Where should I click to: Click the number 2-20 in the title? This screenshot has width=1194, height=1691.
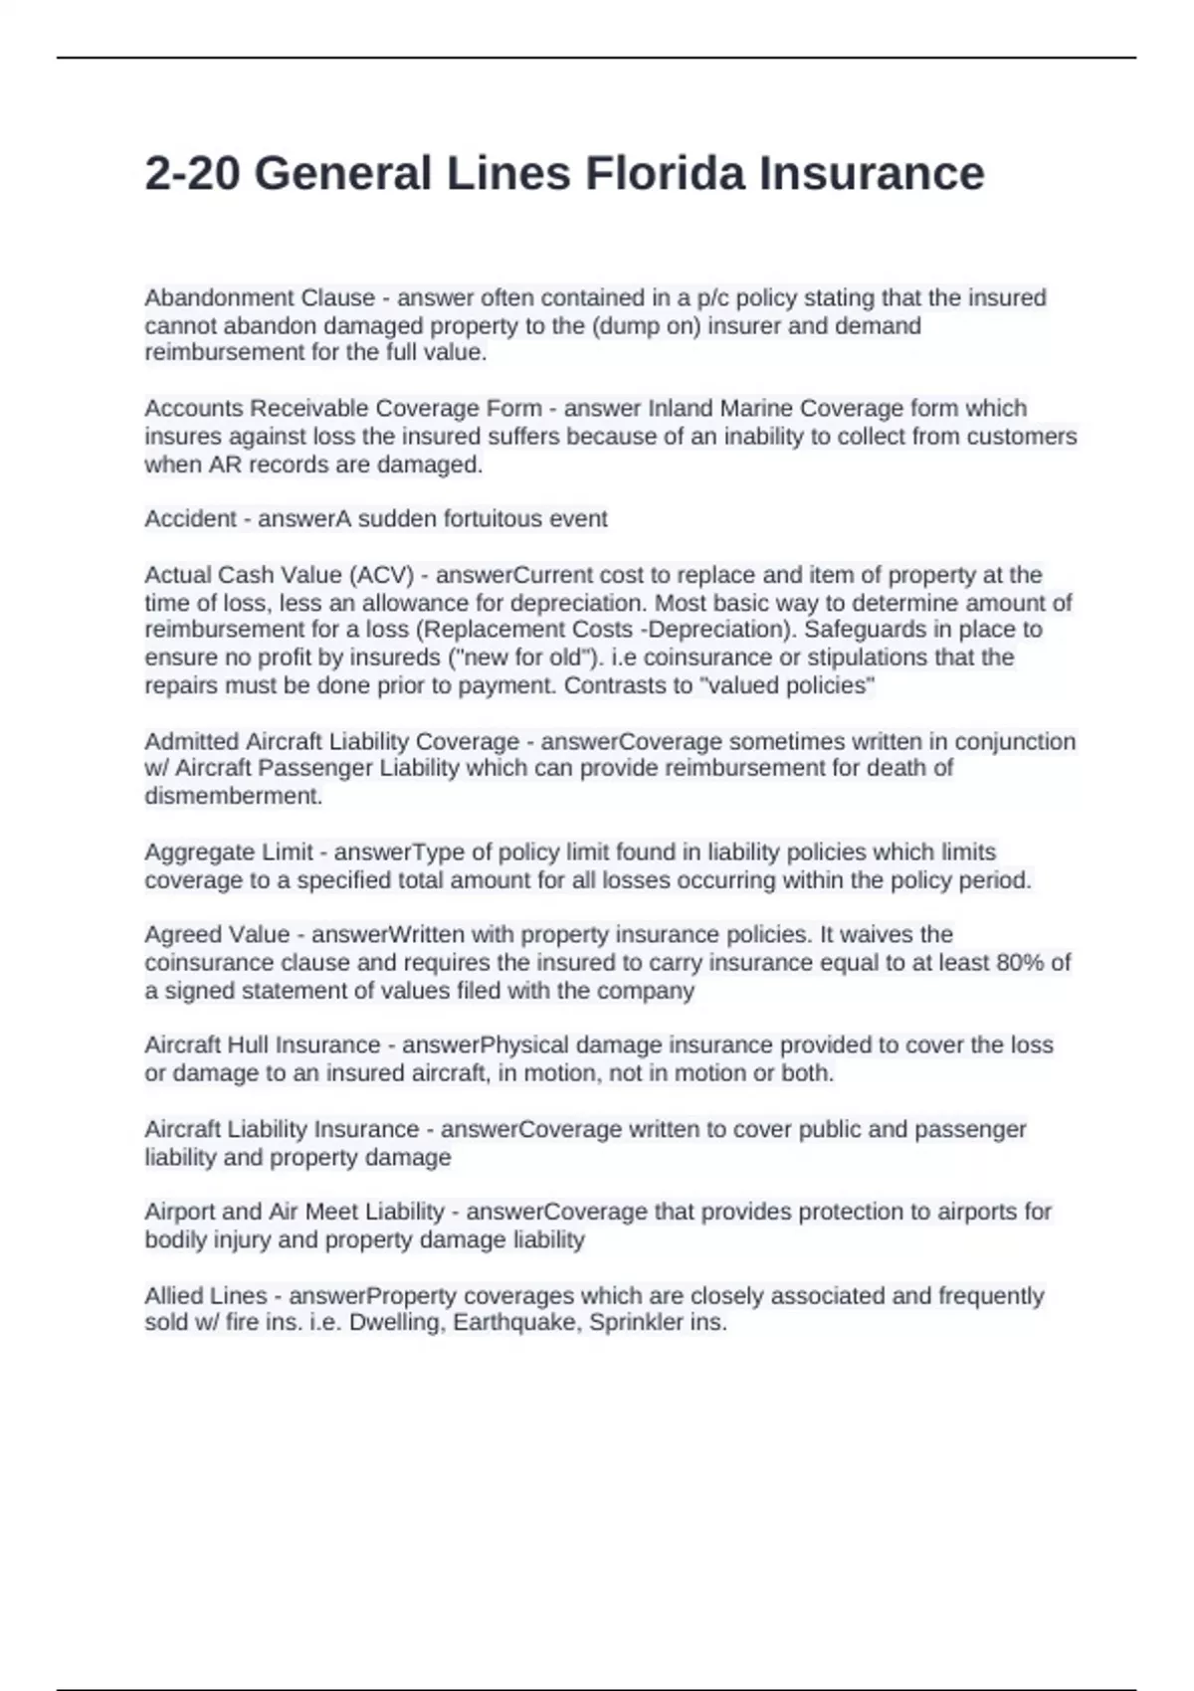pyautogui.click(x=192, y=174)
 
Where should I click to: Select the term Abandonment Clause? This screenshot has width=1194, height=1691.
pyautogui.click(x=260, y=298)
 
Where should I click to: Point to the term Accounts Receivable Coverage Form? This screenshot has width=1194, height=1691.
pyautogui.click(x=343, y=409)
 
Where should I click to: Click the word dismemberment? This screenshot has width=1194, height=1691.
pyautogui.click(x=234, y=796)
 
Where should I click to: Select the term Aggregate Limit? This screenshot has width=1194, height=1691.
pyautogui.click(x=229, y=852)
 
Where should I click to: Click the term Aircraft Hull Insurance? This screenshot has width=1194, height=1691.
pyautogui.click(x=263, y=1045)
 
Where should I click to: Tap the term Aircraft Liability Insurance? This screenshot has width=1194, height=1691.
pyautogui.click(x=282, y=1130)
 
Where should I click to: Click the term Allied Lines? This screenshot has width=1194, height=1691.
pyautogui.click(x=206, y=1296)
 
